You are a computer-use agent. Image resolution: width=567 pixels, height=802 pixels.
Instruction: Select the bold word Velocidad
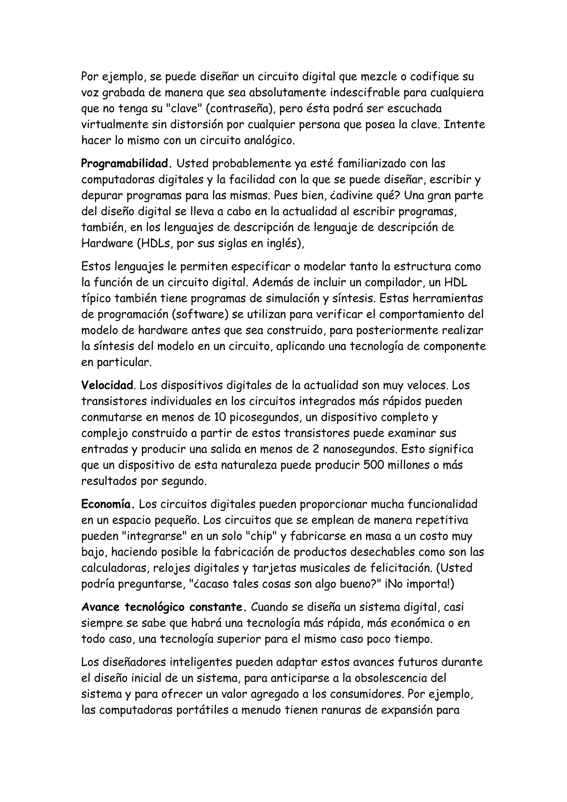[108, 385]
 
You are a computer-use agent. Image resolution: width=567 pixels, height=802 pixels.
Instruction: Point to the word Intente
[464, 125]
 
